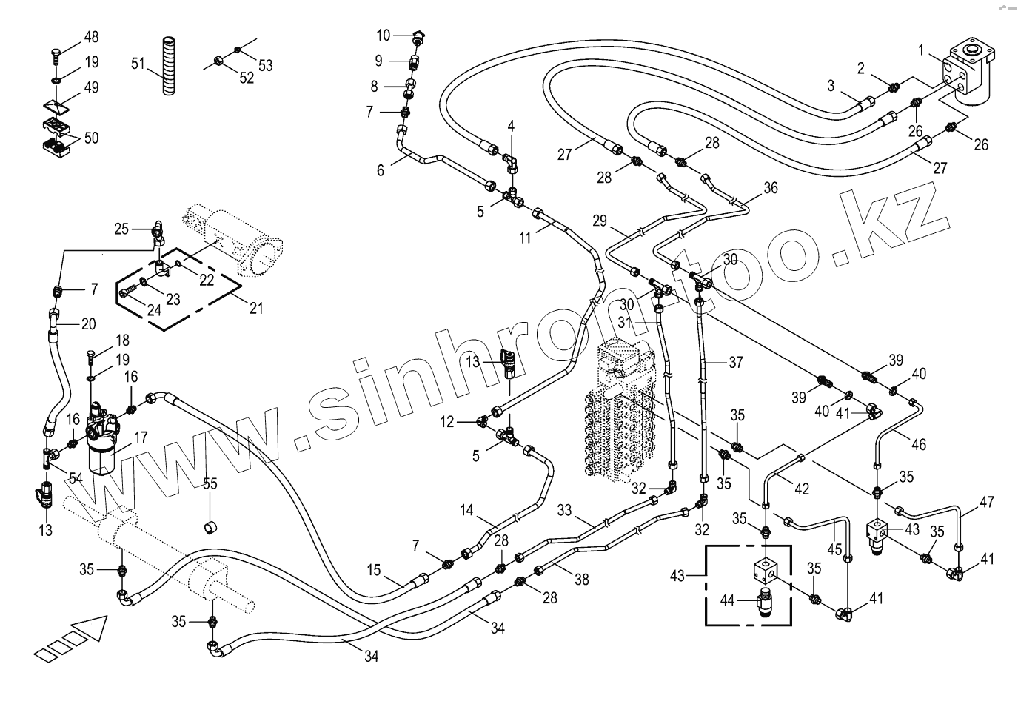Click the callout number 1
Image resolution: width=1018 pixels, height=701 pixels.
click(x=921, y=50)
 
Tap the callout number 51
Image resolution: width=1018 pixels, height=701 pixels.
click(x=138, y=64)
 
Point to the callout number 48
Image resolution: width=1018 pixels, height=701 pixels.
click(x=90, y=37)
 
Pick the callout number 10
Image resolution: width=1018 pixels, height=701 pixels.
click(x=383, y=35)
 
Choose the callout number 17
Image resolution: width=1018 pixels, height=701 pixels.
click(x=141, y=437)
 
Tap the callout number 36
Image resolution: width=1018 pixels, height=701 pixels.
click(x=770, y=188)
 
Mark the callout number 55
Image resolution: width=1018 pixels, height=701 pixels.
click(x=210, y=484)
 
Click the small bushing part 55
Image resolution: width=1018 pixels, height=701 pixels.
click(x=210, y=527)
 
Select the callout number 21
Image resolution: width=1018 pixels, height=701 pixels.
click(x=255, y=308)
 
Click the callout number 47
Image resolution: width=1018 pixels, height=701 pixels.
click(x=986, y=502)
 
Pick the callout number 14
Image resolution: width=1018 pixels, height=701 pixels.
click(x=466, y=509)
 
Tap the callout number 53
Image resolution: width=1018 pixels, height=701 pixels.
click(x=265, y=65)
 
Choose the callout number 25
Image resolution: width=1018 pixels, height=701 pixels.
click(x=121, y=229)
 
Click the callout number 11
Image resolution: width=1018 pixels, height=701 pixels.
click(x=525, y=238)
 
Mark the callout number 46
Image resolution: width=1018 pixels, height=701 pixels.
click(x=918, y=445)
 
